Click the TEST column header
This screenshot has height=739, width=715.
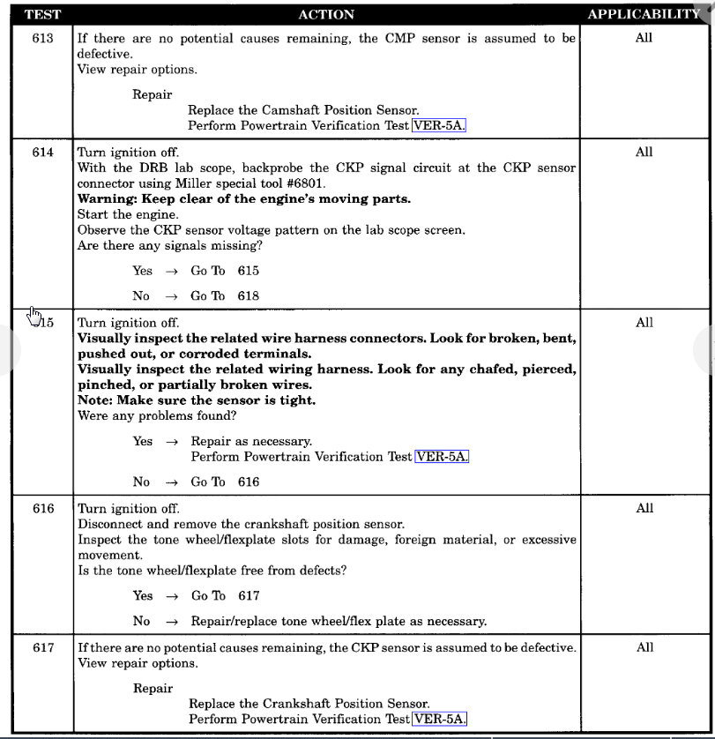tap(41, 14)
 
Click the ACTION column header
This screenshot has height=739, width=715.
tap(326, 14)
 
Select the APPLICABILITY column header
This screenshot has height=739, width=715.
tap(644, 14)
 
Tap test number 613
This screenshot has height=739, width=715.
tap(42, 39)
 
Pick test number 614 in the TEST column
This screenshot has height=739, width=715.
tap(42, 153)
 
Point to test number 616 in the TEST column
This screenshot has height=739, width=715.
tap(42, 509)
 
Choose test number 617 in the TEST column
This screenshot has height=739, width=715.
tap(42, 648)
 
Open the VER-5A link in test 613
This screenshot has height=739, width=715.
tap(440, 125)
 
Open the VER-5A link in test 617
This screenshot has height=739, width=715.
tap(440, 719)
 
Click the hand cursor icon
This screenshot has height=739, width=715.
tap(33, 315)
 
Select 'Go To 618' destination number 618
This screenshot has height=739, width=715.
tap(248, 296)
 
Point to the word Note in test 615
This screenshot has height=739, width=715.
tap(93, 400)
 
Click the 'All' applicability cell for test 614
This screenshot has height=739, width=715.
tap(644, 153)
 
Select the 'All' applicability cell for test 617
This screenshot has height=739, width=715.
tap(644, 648)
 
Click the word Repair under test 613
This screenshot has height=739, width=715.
tap(153, 94)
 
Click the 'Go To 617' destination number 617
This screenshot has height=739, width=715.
tap(248, 595)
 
